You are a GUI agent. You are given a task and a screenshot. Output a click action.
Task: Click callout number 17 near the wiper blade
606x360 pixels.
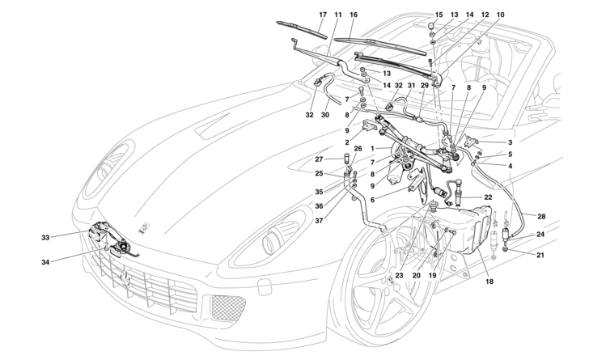(x=323, y=15)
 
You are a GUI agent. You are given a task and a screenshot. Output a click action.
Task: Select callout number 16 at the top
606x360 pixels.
(x=353, y=15)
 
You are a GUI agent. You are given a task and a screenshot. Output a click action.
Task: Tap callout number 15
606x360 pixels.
(x=439, y=15)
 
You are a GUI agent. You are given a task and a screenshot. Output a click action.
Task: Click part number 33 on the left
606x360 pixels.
(x=45, y=237)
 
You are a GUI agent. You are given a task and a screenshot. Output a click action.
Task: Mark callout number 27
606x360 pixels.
(x=318, y=159)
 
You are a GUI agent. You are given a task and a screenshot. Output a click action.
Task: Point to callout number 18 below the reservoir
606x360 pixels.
(x=488, y=282)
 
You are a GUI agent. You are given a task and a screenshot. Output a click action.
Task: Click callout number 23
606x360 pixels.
(x=399, y=276)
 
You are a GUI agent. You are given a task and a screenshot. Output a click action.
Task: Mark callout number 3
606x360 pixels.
(x=511, y=142)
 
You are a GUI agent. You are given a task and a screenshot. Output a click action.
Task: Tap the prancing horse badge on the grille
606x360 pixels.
(x=125, y=277)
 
